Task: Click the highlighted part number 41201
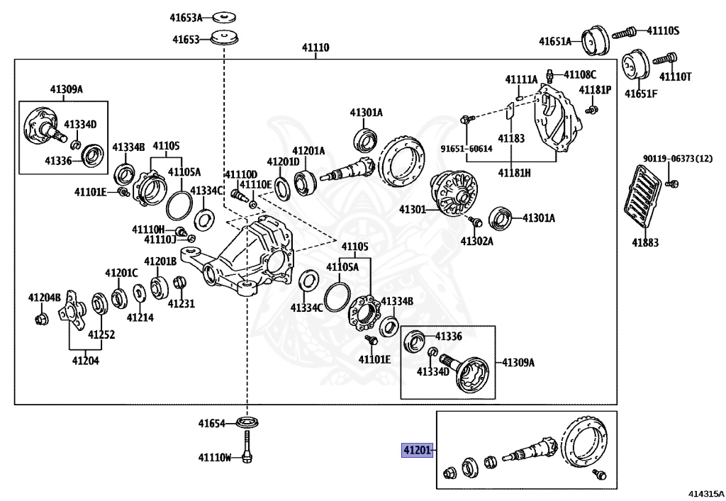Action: click(417, 450)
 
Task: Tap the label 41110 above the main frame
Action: click(315, 47)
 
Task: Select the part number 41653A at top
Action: click(186, 18)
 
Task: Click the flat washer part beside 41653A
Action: click(224, 17)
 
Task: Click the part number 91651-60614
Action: click(467, 149)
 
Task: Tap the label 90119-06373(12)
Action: click(678, 159)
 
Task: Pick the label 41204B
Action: click(45, 298)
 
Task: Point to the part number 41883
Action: click(645, 242)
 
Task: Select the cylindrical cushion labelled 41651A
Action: click(595, 40)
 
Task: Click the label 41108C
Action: click(580, 74)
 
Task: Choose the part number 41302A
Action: click(477, 241)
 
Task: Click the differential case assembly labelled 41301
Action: click(454, 193)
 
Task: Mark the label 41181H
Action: click(514, 173)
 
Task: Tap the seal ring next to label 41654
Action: click(247, 422)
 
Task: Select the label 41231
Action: click(181, 303)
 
